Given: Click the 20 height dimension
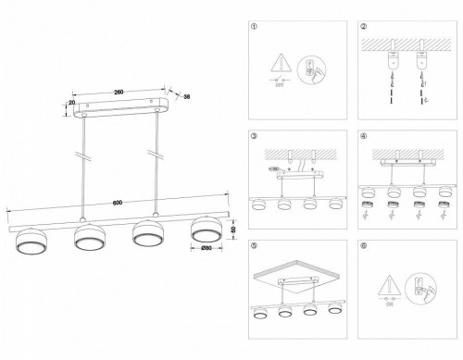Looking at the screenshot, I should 72,106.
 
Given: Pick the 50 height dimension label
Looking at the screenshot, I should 233,229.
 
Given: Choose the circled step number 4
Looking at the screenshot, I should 364,136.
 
